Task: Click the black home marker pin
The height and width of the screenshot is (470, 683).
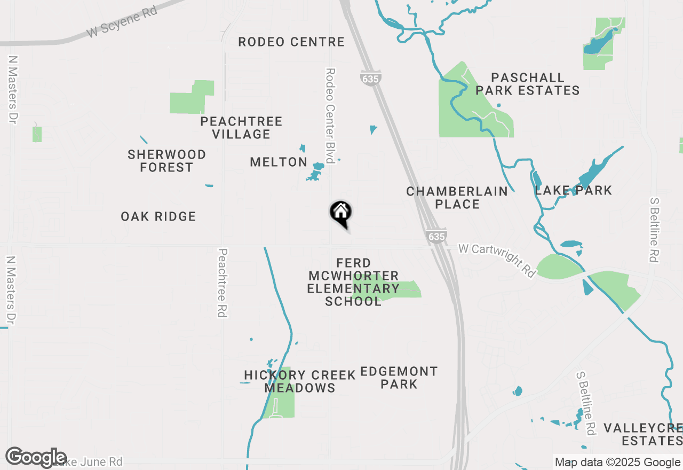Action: [x=340, y=213]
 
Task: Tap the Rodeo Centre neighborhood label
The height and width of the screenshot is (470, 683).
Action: [x=291, y=42]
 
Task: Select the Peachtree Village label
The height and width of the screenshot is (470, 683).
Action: [x=241, y=128]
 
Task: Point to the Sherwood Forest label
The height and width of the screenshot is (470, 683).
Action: [x=166, y=161]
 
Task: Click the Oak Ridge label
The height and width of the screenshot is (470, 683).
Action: [x=158, y=216]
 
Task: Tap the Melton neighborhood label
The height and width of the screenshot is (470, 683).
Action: [x=279, y=162]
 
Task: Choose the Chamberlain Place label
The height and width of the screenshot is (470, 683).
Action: [x=457, y=198]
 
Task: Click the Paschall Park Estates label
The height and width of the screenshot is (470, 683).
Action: [x=527, y=84]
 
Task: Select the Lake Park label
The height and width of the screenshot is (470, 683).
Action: [x=574, y=190]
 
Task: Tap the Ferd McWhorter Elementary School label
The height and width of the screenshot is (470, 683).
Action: [x=353, y=282]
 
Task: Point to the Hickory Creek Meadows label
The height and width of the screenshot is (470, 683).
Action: [x=300, y=381]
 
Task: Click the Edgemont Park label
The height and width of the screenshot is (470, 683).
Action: [x=399, y=378]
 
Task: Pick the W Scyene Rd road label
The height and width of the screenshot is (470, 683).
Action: [x=123, y=22]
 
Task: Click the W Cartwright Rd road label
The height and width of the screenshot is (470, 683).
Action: [x=497, y=260]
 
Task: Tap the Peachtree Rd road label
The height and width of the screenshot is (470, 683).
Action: [x=223, y=283]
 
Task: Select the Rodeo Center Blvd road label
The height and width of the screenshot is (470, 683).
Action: [x=330, y=115]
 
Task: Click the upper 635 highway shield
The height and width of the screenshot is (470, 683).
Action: [x=370, y=78]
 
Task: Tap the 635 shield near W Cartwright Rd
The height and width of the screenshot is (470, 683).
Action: [x=436, y=236]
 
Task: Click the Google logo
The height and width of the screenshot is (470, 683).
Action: [x=36, y=457]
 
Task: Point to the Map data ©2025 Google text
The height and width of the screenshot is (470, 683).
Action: [x=617, y=463]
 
